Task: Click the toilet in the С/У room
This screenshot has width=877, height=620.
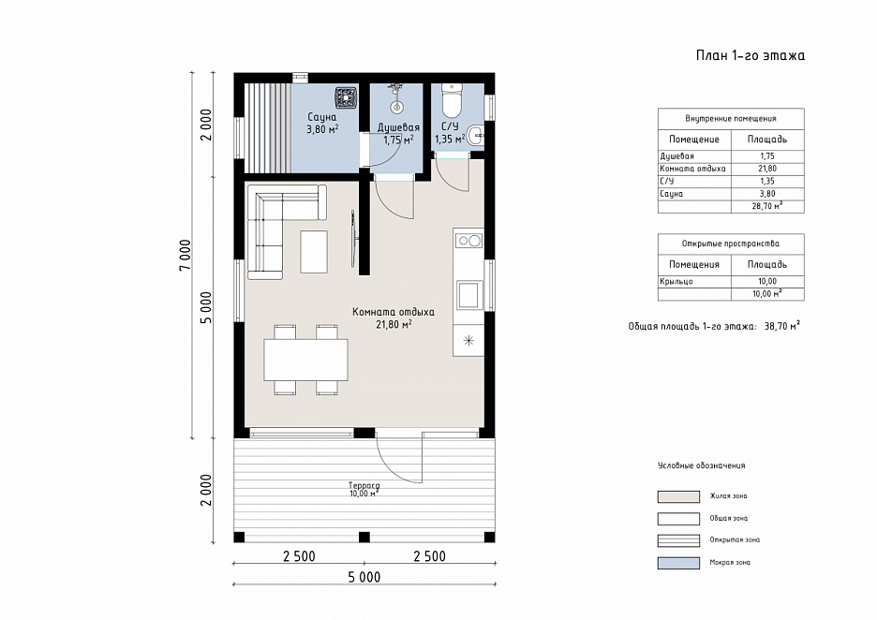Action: coord(451,99)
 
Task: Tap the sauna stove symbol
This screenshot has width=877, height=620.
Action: coord(346,97)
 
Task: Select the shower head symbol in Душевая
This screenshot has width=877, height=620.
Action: coord(396,97)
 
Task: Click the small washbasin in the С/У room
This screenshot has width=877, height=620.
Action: coord(476,135)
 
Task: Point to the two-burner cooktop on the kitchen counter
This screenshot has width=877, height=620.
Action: coord(468,241)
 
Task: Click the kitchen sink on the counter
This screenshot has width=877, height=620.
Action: coord(468,295)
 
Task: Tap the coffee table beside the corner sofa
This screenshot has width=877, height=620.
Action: coord(314,252)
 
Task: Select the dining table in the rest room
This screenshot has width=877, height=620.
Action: coord(306,360)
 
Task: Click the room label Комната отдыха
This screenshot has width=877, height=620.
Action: coord(394,312)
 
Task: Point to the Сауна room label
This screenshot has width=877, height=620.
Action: coord(322,117)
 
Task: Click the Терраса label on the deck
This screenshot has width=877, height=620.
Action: coord(364,486)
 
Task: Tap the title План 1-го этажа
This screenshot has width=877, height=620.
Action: coord(750,55)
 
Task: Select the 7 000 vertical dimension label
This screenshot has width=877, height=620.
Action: coord(186,255)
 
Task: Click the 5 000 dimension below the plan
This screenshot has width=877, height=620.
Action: coord(364,577)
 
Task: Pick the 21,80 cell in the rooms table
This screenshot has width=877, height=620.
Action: coord(767,169)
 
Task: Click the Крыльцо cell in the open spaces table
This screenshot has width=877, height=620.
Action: coord(676,281)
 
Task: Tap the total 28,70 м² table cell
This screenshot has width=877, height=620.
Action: coord(767,206)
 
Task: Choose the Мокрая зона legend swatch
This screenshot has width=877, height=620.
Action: coord(678,563)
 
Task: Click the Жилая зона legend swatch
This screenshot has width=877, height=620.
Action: coord(678,496)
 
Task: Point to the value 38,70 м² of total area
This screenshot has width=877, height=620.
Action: coord(782,326)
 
